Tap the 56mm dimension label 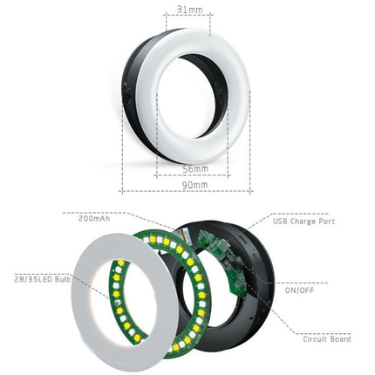pos(195,168)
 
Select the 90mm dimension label pos(194,185)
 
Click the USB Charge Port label pos(303,222)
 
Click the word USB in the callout pos(280,222)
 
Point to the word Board pos(340,337)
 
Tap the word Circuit pos(315,337)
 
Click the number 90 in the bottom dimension pos(187,185)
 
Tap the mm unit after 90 pos(201,185)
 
